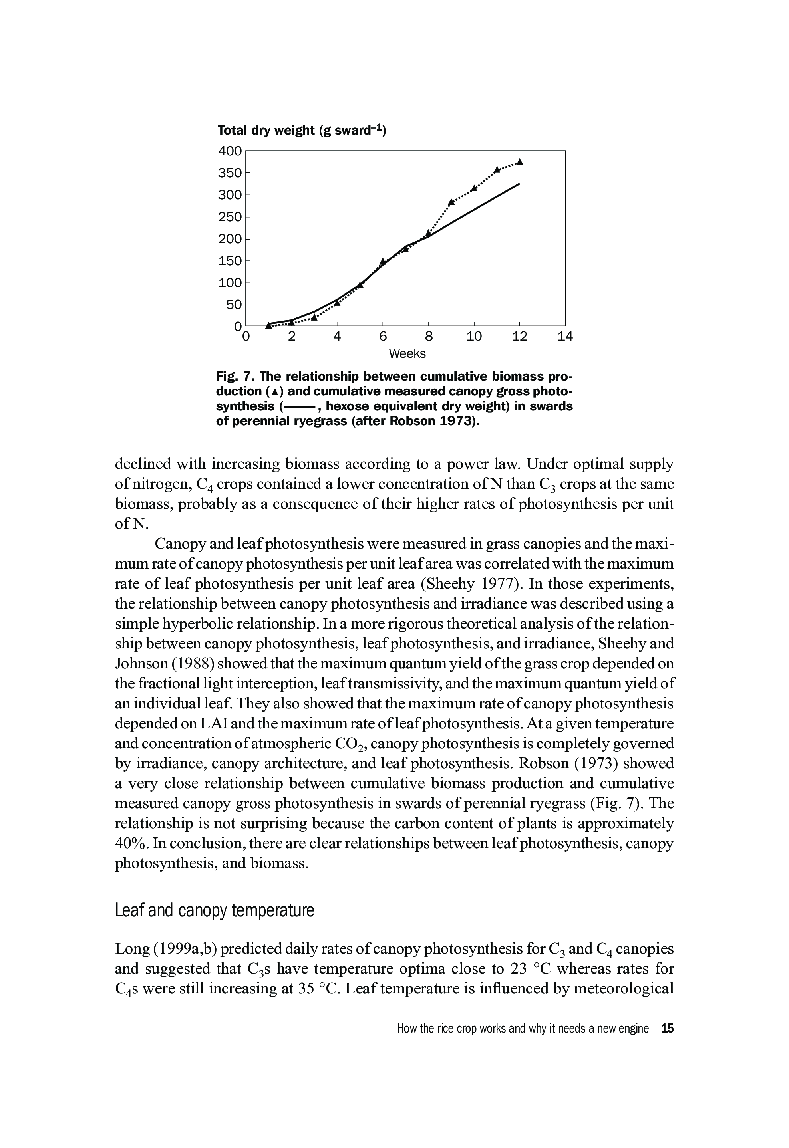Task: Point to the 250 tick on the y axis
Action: point(230,217)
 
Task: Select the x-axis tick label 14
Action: point(565,337)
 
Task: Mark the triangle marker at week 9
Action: point(451,202)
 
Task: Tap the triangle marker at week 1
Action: point(268,325)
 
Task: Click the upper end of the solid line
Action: point(519,184)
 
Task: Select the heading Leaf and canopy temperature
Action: point(215,910)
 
